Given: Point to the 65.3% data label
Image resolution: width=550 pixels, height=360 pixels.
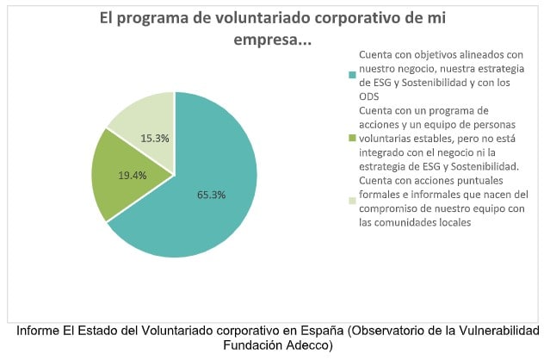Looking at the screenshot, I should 211,195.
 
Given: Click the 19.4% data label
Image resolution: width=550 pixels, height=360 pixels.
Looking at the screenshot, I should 132,175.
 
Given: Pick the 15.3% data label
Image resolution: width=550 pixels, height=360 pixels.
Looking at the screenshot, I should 153,139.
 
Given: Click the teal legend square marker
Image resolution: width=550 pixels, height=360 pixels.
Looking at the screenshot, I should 351,75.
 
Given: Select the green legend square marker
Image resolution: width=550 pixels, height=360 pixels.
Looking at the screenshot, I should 351,136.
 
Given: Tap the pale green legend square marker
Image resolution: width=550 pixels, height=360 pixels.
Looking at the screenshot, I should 351,201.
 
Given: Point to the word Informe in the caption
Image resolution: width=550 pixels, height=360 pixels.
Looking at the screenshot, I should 40,332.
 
